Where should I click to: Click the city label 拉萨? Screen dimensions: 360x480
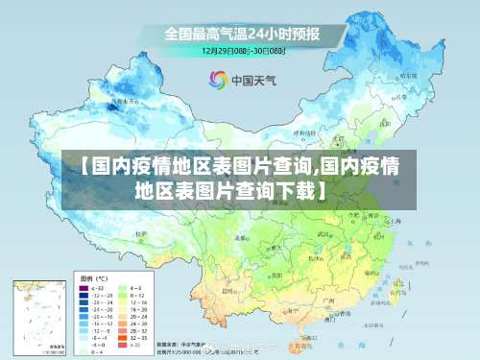(x=142, y=233)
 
